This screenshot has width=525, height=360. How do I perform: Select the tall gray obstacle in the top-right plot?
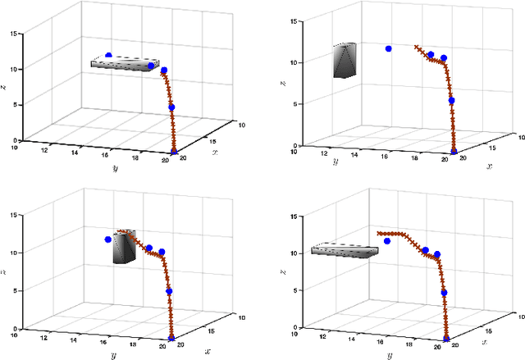coord(345,61)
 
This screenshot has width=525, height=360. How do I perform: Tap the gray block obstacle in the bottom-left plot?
coord(126,247)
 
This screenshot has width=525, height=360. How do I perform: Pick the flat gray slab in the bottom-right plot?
coord(345,249)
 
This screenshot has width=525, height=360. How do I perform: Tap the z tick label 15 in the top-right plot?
coord(289,21)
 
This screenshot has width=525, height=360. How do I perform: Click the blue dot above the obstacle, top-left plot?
coord(108,56)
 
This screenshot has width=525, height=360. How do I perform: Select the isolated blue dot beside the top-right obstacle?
coord(388,49)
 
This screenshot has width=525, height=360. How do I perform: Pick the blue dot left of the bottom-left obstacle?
coord(107,239)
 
